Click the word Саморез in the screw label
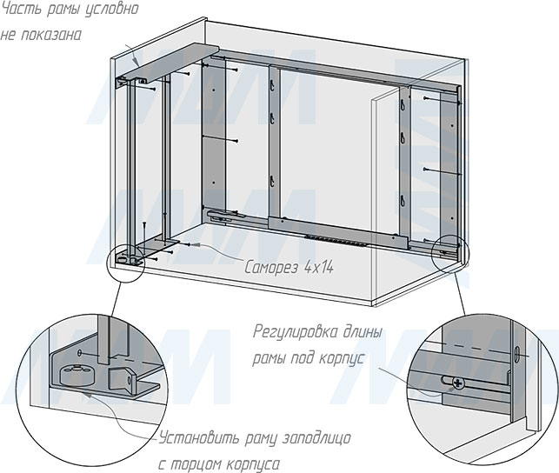click(271, 267)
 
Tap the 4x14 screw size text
click(319, 267)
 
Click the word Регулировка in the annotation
click(296, 332)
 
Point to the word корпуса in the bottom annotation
click(253, 464)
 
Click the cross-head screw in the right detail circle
click(458, 383)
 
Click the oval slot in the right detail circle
click(517, 355)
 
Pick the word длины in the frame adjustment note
click(363, 332)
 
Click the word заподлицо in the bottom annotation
click(316, 438)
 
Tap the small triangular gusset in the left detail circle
click(121, 380)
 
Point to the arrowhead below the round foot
click(85, 393)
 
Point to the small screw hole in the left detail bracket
click(79, 352)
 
